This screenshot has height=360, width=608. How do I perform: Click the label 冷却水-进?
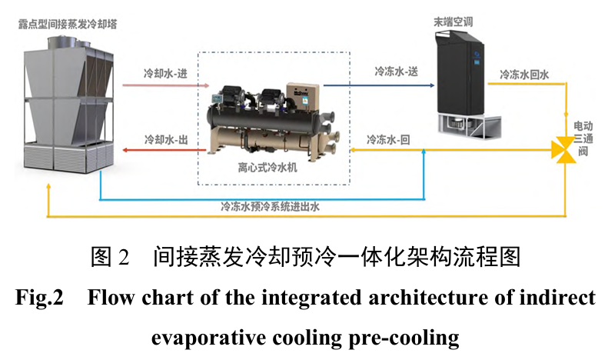(166, 75)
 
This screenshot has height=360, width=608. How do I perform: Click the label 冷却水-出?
(166, 140)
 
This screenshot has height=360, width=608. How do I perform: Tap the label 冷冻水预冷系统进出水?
(270, 206)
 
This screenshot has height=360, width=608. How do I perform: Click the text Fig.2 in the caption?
(39, 298)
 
